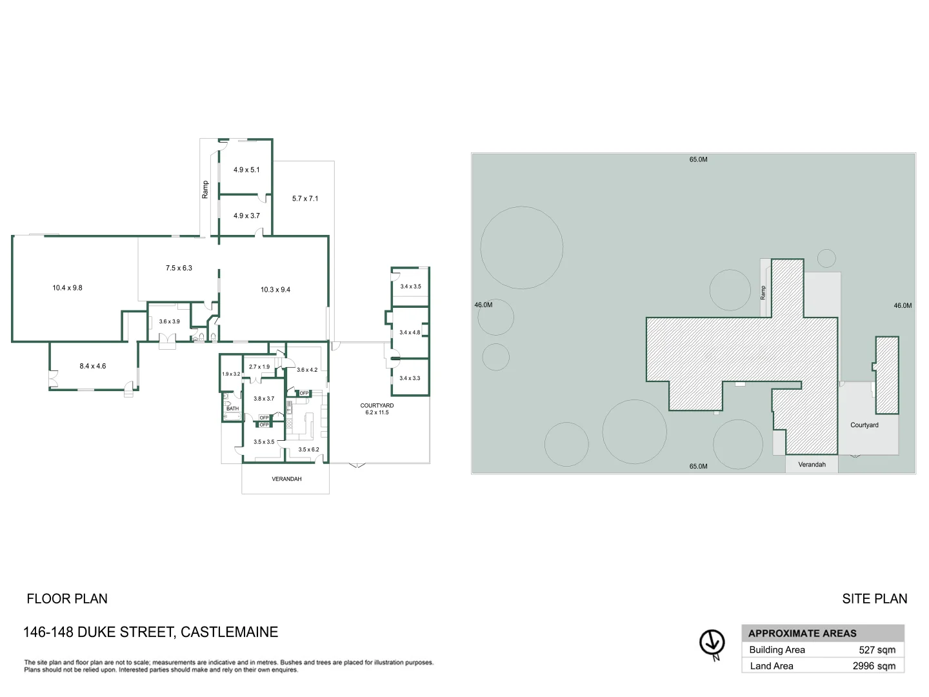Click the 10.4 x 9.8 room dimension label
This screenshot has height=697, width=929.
[67, 288]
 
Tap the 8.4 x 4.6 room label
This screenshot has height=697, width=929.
[92, 366]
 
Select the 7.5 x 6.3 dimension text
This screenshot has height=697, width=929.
[179, 268]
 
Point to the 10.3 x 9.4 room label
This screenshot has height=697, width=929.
[275, 290]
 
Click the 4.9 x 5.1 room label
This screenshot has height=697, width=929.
[246, 170]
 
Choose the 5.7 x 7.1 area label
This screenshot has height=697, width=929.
[305, 199]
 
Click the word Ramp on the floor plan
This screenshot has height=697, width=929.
[205, 189]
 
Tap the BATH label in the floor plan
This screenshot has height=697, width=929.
[232, 409]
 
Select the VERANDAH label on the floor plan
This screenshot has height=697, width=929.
[286, 479]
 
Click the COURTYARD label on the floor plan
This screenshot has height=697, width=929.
[377, 406]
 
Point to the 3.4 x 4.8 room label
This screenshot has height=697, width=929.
[409, 332]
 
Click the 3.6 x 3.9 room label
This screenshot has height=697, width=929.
[169, 321]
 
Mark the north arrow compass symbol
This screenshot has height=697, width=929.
[712, 643]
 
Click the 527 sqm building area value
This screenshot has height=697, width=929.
[877, 650]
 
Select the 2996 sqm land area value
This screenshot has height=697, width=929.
[874, 666]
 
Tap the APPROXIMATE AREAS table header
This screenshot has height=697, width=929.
[802, 633]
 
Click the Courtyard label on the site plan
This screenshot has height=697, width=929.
[864, 425]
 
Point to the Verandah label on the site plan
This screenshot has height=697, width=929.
[812, 465]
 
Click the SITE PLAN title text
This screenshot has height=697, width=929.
[874, 599]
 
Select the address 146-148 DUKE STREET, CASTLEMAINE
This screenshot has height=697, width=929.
[150, 632]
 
